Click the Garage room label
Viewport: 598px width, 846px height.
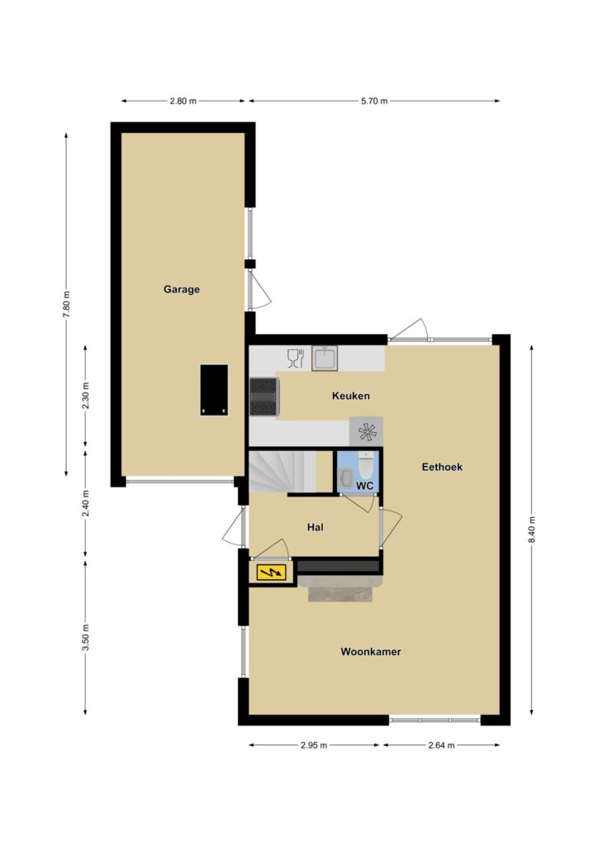click(x=182, y=290)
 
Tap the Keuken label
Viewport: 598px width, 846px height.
click(x=351, y=396)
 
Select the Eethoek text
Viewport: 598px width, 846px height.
click(x=442, y=468)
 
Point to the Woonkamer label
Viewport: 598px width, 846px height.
click(x=371, y=652)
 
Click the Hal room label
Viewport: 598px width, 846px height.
click(x=316, y=527)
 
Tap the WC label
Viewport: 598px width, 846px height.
click(x=365, y=486)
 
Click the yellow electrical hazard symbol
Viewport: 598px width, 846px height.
click(x=271, y=572)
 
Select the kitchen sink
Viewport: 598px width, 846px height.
click(x=325, y=359)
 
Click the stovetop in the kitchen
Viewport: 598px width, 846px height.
click(x=264, y=397)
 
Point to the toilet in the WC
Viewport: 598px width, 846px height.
click(x=366, y=467)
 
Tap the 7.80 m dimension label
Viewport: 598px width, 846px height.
click(x=66, y=305)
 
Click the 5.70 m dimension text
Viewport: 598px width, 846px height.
click(x=374, y=101)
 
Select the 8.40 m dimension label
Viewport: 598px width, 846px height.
click(x=532, y=531)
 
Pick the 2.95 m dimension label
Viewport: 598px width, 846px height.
click(x=314, y=745)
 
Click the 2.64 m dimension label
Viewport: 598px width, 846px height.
click(x=441, y=745)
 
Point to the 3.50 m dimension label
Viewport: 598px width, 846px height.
click(x=86, y=637)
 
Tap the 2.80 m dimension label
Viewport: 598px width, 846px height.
click(x=183, y=101)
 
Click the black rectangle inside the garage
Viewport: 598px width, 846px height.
click(x=214, y=390)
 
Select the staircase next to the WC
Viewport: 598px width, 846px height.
click(x=282, y=472)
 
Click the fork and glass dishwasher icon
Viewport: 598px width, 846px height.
click(x=296, y=359)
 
